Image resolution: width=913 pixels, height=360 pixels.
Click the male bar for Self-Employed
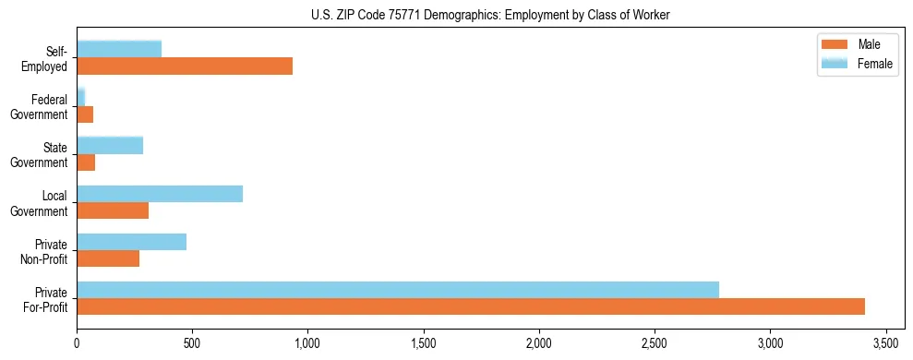click(185, 66)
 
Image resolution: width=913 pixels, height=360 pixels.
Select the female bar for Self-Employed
click(119, 49)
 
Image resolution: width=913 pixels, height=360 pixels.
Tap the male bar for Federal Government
click(85, 114)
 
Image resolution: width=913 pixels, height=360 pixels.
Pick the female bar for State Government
click(110, 145)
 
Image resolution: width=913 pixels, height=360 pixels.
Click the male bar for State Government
click(86, 162)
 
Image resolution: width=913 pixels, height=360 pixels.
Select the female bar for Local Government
click(160, 193)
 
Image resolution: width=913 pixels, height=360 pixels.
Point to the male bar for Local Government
click(113, 210)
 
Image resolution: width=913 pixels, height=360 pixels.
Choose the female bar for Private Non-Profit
click(131, 242)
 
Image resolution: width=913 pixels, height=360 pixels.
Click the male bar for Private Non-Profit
click(108, 258)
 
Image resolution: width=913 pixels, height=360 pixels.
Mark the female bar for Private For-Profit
click(398, 290)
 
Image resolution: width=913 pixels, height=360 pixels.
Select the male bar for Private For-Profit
click(471, 306)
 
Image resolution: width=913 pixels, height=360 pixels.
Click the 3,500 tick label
click(885, 343)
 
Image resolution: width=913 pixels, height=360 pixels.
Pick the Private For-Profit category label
click(46, 299)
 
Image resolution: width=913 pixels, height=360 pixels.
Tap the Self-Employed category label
click(46, 58)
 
